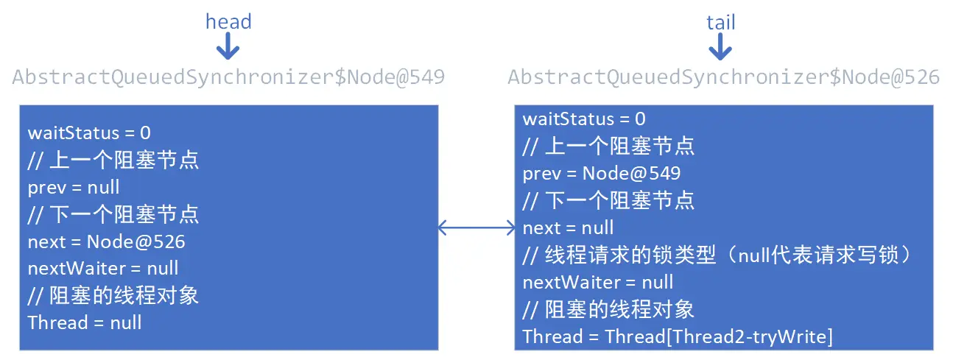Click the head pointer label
(x=228, y=21)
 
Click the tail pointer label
(x=720, y=22)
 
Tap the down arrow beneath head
(x=228, y=49)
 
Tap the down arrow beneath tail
(x=720, y=49)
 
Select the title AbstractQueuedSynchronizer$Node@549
(x=228, y=77)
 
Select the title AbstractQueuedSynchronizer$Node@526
(x=723, y=77)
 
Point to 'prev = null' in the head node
(x=74, y=187)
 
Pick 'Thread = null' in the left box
(x=85, y=322)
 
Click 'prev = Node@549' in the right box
(x=602, y=174)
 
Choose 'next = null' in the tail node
(x=568, y=227)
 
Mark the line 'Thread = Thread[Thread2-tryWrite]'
(x=678, y=336)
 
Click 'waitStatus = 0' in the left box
(x=89, y=133)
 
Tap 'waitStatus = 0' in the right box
(x=584, y=119)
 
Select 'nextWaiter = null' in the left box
(x=103, y=269)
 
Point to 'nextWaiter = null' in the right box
(x=598, y=282)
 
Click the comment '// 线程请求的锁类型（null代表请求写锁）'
(x=719, y=255)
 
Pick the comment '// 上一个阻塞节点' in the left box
(x=113, y=160)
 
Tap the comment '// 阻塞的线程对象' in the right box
(x=608, y=309)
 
